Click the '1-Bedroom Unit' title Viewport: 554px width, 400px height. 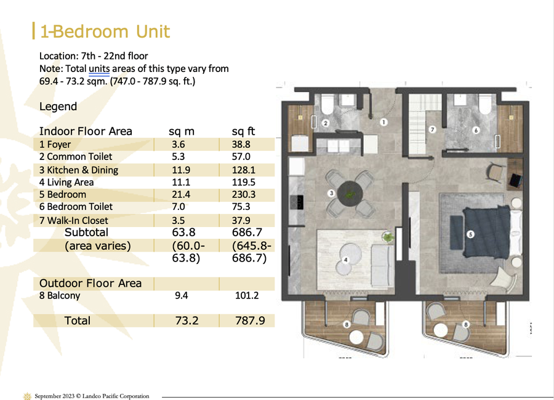pos(105,31)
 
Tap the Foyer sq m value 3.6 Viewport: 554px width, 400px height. pos(179,145)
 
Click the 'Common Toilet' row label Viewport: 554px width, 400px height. pos(76,156)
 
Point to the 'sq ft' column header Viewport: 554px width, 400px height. pos(243,132)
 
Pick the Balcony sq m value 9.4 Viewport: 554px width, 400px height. pos(181,295)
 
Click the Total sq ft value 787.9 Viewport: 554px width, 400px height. pos(250,321)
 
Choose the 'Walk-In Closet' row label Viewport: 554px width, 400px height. pos(73,220)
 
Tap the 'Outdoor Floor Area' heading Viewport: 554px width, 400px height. pos(90,284)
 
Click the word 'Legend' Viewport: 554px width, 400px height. pos(58,106)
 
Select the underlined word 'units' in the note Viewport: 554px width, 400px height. pos(99,68)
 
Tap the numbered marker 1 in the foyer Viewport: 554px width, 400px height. pos(383,122)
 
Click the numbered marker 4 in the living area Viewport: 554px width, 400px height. pos(345,260)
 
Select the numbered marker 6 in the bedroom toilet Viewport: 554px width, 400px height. pos(476,130)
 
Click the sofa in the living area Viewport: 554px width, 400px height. pos(383,266)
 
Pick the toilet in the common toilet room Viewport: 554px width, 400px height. pos(327,103)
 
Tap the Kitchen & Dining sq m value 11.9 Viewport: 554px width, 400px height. pos(181,170)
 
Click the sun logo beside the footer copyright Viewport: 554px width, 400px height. pos(27,396)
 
